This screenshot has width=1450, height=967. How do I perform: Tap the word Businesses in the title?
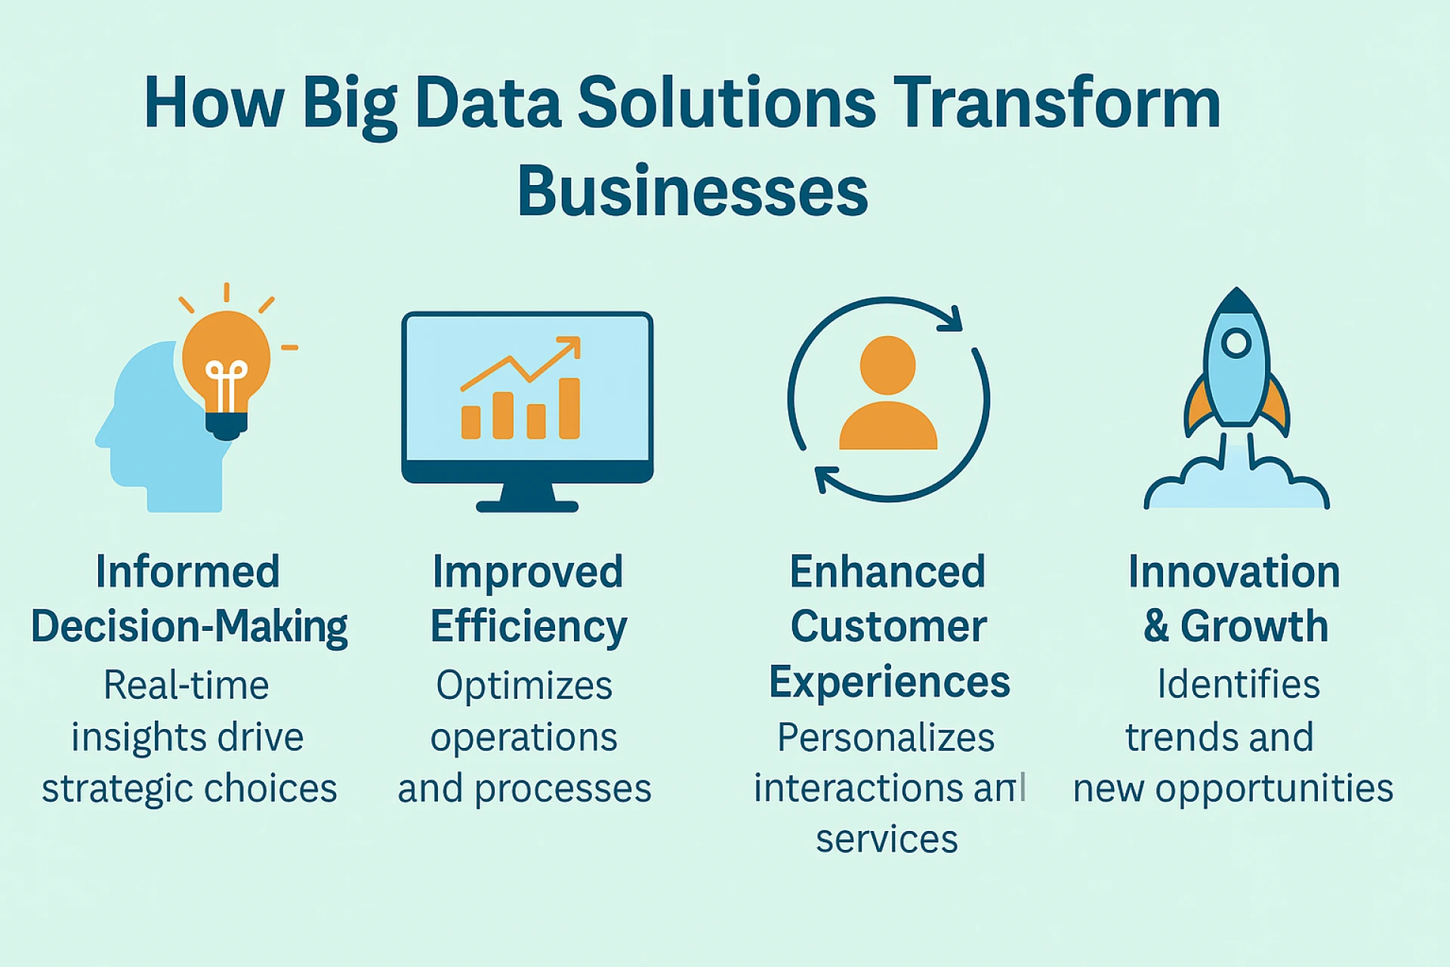coord(693,192)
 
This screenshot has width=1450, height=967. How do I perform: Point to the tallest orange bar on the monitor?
coord(569,408)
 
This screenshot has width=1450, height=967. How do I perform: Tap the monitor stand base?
coord(527,505)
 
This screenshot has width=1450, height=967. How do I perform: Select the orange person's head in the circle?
coord(887,365)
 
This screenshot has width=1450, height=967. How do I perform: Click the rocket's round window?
coord(1236,343)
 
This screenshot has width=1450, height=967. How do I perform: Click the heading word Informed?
coord(188,572)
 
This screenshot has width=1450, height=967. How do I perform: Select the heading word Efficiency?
coord(529,627)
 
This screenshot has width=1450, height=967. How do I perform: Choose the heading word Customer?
coord(888,627)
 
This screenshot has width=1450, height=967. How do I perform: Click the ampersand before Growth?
coord(1156,627)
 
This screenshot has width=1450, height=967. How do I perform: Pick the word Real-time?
coord(187,686)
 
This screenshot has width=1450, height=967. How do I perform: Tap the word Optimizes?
coord(524,686)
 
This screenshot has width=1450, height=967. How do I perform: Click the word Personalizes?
coord(886,737)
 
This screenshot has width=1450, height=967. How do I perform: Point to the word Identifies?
coord(1239,684)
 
